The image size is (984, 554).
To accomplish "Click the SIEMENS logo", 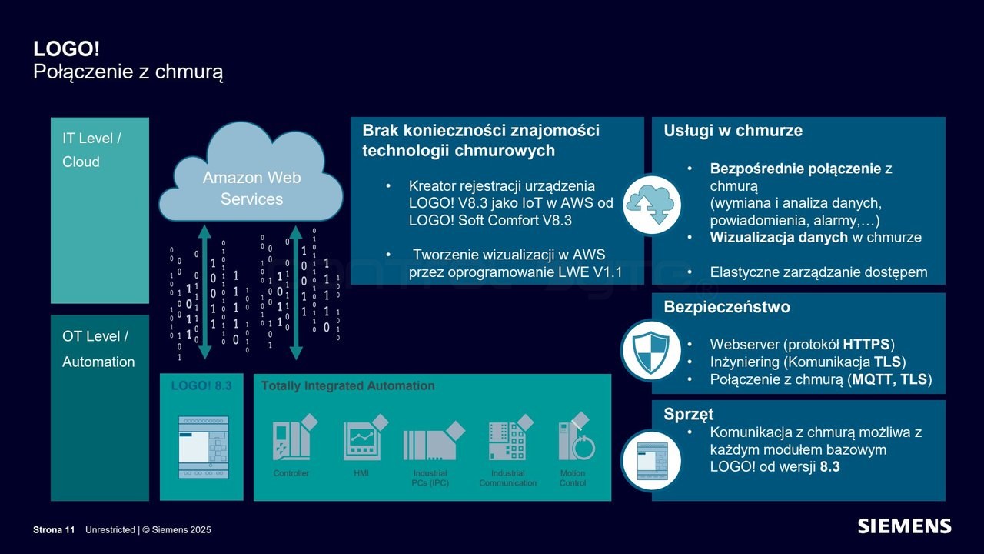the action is tap(905, 526).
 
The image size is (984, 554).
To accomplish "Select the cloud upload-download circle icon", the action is tap(652, 205).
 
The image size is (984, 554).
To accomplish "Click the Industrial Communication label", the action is tap(508, 478).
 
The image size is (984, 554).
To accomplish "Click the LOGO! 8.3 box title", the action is tap(201, 385).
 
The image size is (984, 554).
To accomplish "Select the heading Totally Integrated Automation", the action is tap(348, 385).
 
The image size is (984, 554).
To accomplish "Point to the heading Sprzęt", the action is tap(688, 414).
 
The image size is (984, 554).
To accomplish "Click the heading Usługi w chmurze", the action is tap(733, 131).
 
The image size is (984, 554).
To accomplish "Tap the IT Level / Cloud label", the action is tap(91, 150).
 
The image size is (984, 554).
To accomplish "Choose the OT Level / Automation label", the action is tap(98, 349).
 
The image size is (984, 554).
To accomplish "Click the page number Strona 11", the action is tap(54, 530).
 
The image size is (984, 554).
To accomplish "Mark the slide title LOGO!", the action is tap(66, 48).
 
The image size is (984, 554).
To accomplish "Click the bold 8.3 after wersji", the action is tap(829, 466).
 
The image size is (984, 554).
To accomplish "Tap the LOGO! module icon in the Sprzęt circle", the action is tap(652, 461).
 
